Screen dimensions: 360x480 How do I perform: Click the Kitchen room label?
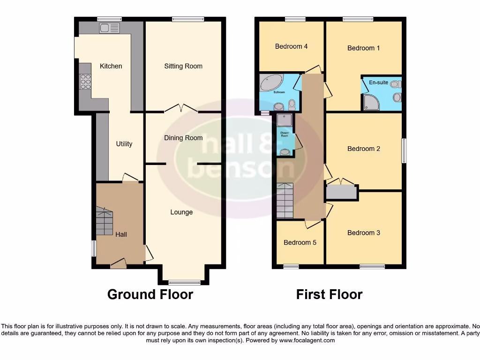[111, 66]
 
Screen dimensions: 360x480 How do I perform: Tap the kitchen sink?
[109, 28]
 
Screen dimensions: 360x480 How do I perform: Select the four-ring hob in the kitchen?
[85, 82]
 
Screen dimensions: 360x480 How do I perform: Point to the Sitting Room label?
[183, 66]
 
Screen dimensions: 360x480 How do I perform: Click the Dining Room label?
[183, 138]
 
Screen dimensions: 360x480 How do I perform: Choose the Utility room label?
[124, 144]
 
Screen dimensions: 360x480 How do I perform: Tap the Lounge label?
[181, 212]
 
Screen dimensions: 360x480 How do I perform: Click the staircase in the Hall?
[105, 222]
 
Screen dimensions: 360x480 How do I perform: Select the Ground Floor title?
[150, 294]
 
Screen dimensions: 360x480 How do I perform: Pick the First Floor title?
[329, 294]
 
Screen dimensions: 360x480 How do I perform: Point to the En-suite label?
[378, 82]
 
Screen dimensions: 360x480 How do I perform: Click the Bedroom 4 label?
[291, 46]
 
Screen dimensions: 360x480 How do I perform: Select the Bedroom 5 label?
[300, 242]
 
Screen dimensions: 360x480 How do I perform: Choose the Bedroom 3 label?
[364, 232]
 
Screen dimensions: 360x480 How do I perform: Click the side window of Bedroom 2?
[404, 151]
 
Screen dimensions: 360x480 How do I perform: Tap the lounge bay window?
[184, 282]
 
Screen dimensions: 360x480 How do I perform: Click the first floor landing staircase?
[285, 201]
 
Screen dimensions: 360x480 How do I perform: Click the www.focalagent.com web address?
[307, 340]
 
